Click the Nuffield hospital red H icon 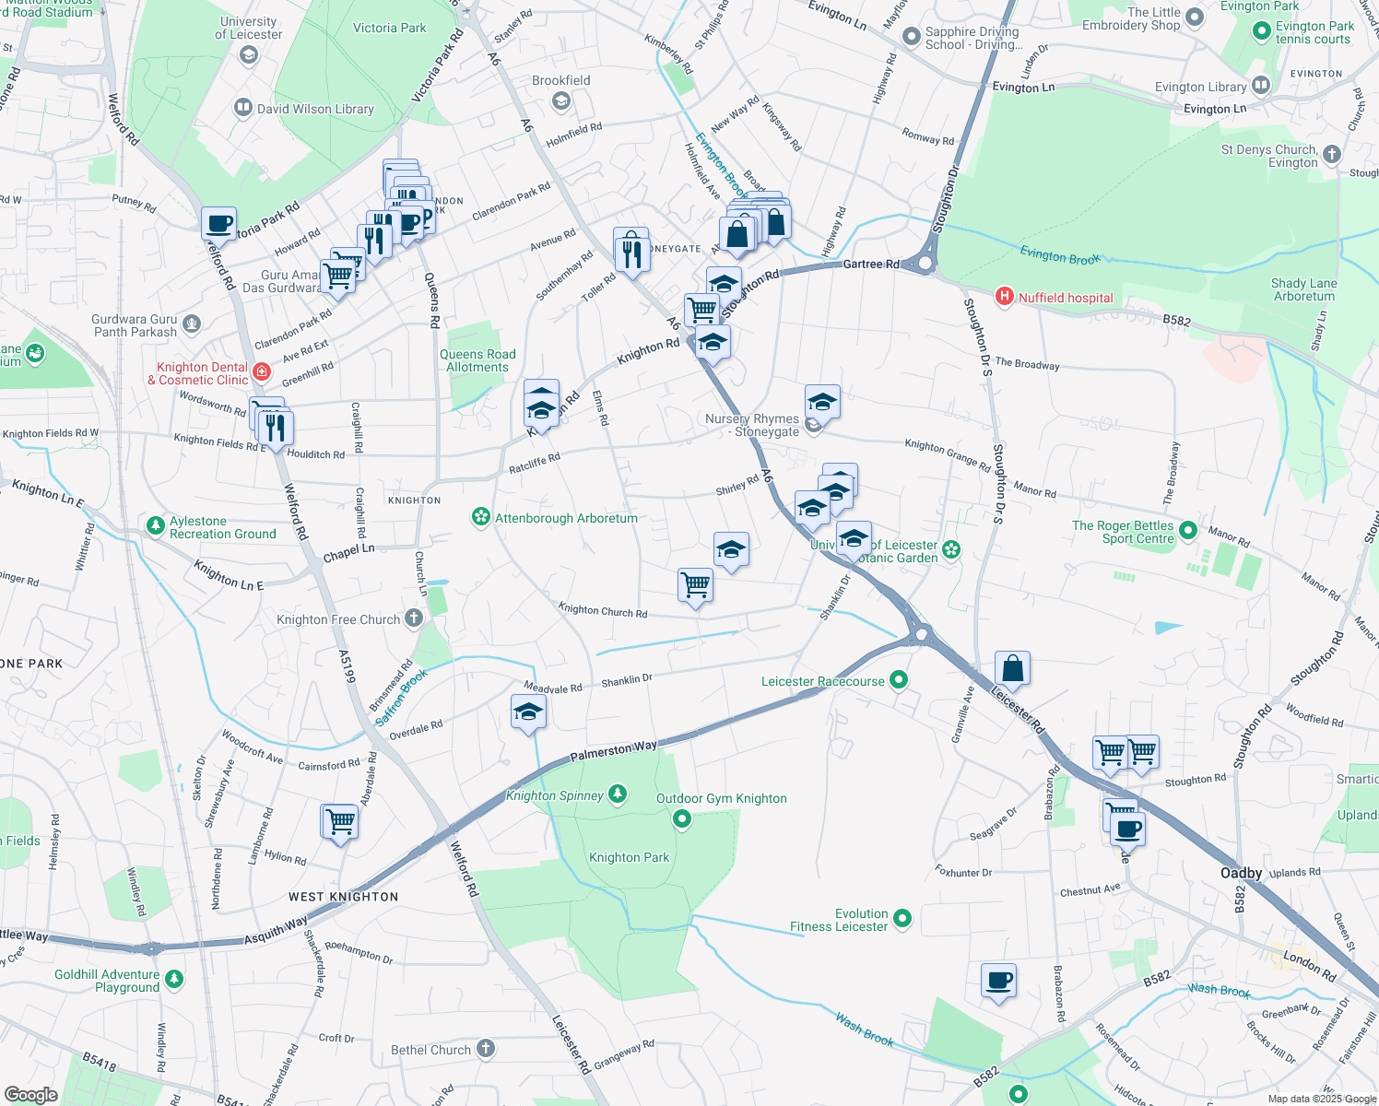click(x=1005, y=297)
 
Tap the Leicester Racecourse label click(x=822, y=681)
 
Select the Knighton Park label click(x=629, y=857)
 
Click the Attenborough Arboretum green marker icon click(x=480, y=517)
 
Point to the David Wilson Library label click(x=315, y=109)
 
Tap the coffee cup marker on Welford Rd click(x=219, y=223)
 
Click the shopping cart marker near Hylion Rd click(x=339, y=820)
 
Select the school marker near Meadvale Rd click(x=528, y=712)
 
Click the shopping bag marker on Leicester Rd click(x=1012, y=668)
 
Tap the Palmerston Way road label click(x=613, y=751)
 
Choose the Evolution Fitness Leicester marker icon click(x=902, y=919)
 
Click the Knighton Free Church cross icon click(x=414, y=618)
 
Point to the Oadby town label click(x=1241, y=873)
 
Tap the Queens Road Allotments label click(x=477, y=360)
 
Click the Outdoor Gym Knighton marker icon click(x=682, y=818)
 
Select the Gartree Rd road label click(x=871, y=264)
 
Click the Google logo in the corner click(x=30, y=1094)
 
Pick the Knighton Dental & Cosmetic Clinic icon click(x=262, y=372)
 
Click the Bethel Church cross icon click(x=486, y=1048)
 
